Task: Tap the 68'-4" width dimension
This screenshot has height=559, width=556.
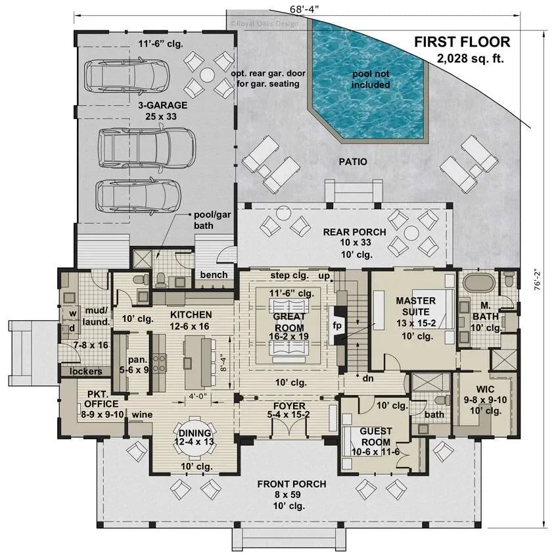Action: (308, 9)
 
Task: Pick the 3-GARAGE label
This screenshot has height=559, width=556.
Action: (162, 105)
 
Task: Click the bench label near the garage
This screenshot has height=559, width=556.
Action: (214, 274)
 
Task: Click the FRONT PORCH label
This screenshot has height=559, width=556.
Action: (291, 484)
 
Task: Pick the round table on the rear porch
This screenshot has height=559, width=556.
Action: (411, 233)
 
